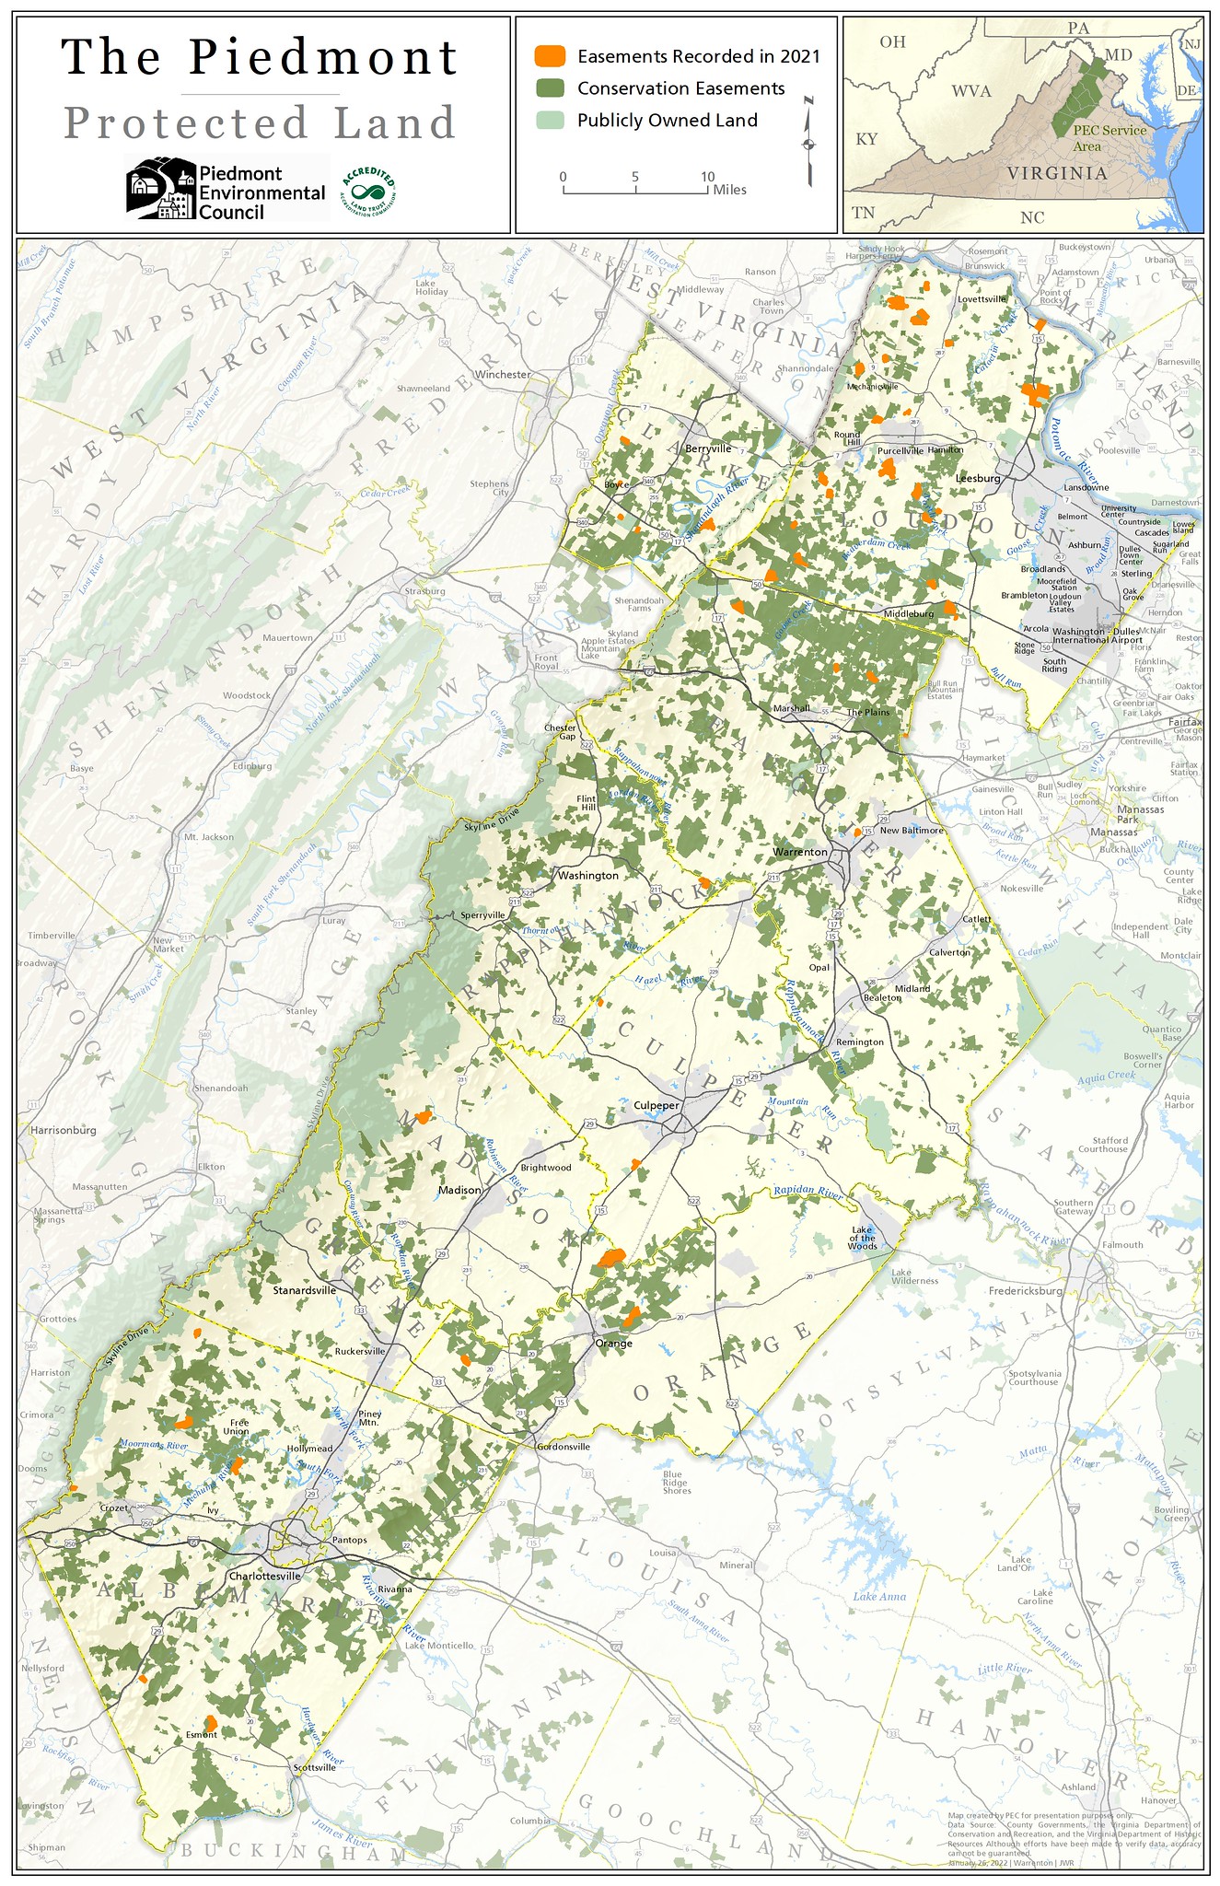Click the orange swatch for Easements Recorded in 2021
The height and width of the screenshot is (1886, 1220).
coord(550,55)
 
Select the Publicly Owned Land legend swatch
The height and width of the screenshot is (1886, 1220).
coord(550,120)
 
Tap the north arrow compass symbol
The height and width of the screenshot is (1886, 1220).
coord(808,142)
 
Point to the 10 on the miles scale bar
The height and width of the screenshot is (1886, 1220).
coord(707,177)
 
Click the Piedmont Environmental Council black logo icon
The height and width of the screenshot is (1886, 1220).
coord(160,188)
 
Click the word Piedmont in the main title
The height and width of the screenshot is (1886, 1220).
coord(323,57)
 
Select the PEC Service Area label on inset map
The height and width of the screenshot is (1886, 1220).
coord(1109,138)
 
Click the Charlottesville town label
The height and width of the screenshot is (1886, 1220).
coord(265,1576)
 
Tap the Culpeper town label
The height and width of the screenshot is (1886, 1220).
coord(656,1105)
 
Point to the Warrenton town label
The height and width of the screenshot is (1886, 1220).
coord(800,852)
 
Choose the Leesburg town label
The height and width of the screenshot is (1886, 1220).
coord(978,478)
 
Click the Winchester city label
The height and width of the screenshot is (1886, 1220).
coord(503,375)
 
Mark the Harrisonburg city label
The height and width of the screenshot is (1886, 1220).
coord(63,1130)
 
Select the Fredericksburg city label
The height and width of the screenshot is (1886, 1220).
coord(1026,1291)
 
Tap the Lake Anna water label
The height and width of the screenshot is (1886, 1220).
coord(879,1596)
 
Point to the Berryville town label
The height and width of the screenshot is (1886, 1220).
coord(708,448)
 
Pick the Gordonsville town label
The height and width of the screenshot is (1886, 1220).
coord(564,1447)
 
